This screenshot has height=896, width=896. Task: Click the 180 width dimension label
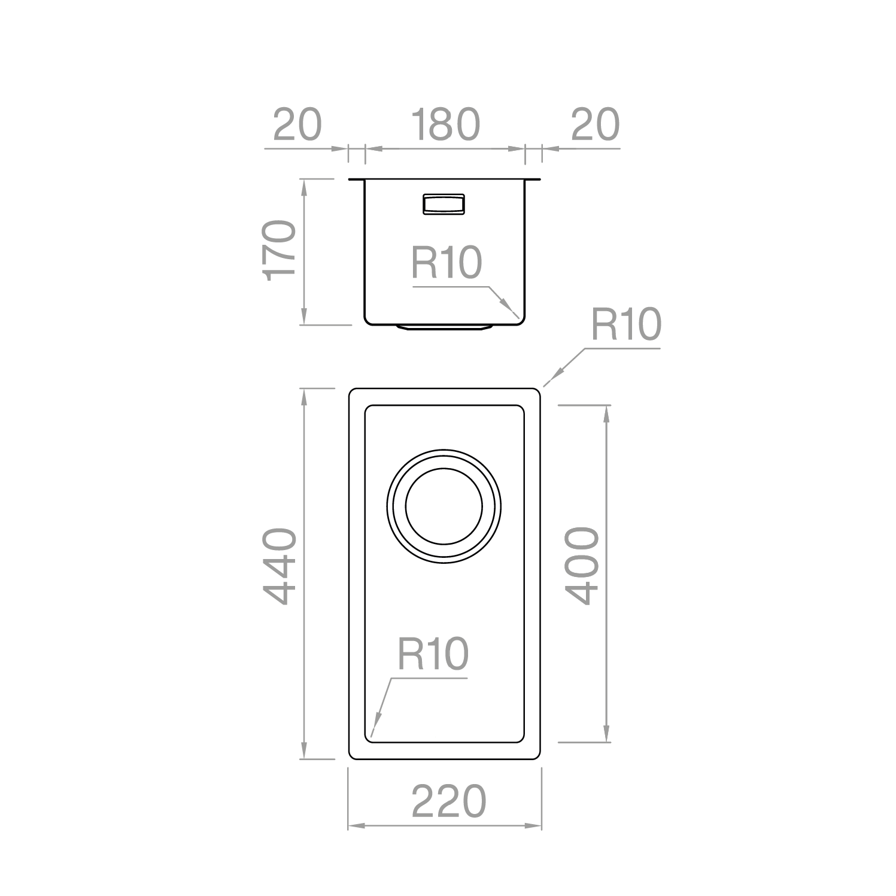445,124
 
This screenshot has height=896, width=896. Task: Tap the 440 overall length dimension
280,566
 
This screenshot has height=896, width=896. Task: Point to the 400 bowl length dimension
582,566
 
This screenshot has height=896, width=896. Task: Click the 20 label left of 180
297,124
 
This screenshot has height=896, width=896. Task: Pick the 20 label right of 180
596,124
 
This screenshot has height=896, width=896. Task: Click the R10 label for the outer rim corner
626,324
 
